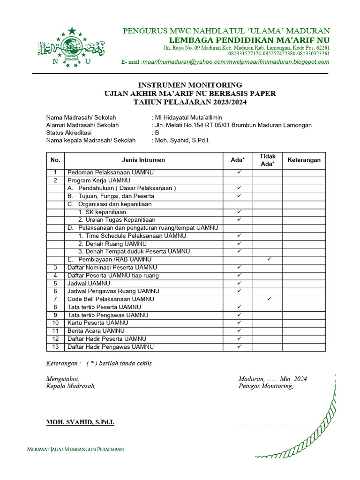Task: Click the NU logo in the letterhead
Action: coord(71,47)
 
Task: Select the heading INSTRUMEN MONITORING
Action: coord(190,85)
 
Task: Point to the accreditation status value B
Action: coord(157,133)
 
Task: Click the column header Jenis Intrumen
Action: coord(143,160)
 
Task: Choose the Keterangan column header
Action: coord(304,160)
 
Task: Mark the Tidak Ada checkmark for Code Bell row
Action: coord(268,299)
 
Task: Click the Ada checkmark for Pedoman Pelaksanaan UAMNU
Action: coord(239,172)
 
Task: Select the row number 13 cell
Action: coord(55,346)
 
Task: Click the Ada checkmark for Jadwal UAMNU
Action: coord(239,283)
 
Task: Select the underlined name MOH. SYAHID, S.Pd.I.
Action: coord(80,422)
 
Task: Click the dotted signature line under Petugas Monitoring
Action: coord(275,423)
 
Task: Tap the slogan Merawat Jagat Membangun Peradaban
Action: coord(75,449)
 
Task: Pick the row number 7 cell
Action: coord(55,299)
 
